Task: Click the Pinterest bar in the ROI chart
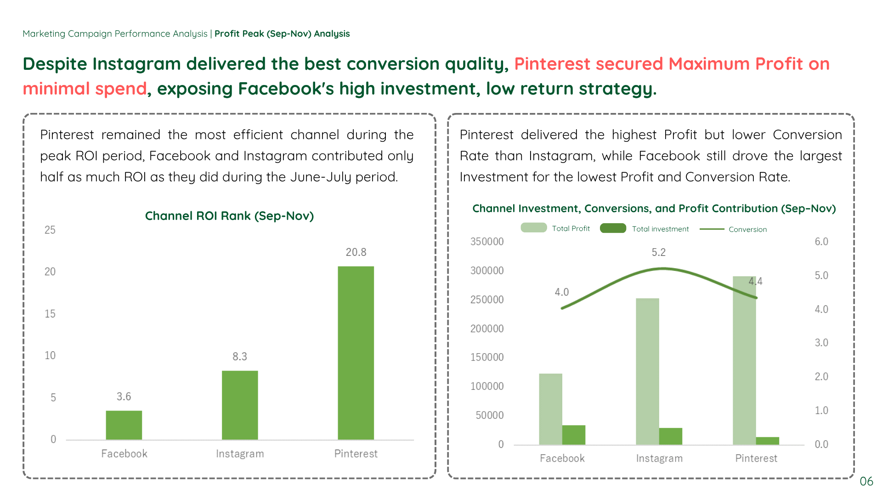pyautogui.click(x=356, y=353)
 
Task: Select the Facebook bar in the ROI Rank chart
pyautogui.click(x=124, y=425)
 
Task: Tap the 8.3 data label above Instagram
pyautogui.click(x=239, y=356)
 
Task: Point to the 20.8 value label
pyautogui.click(x=356, y=252)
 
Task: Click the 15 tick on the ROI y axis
pyautogui.click(x=50, y=314)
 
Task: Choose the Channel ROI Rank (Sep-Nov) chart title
pyautogui.click(x=229, y=216)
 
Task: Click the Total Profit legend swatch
pyautogui.click(x=533, y=228)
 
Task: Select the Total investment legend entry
pyautogui.click(x=644, y=228)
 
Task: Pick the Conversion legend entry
pyautogui.click(x=733, y=229)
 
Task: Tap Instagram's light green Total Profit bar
pyautogui.click(x=647, y=372)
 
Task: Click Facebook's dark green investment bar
pyautogui.click(x=574, y=435)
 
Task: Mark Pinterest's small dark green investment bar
pyautogui.click(x=768, y=441)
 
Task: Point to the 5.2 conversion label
pyautogui.click(x=658, y=252)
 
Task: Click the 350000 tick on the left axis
pyautogui.click(x=487, y=242)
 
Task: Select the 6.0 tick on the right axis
pyautogui.click(x=821, y=242)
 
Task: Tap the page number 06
pyautogui.click(x=866, y=481)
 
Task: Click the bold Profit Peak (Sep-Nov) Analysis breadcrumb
pyautogui.click(x=282, y=34)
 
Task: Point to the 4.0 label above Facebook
pyautogui.click(x=561, y=292)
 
